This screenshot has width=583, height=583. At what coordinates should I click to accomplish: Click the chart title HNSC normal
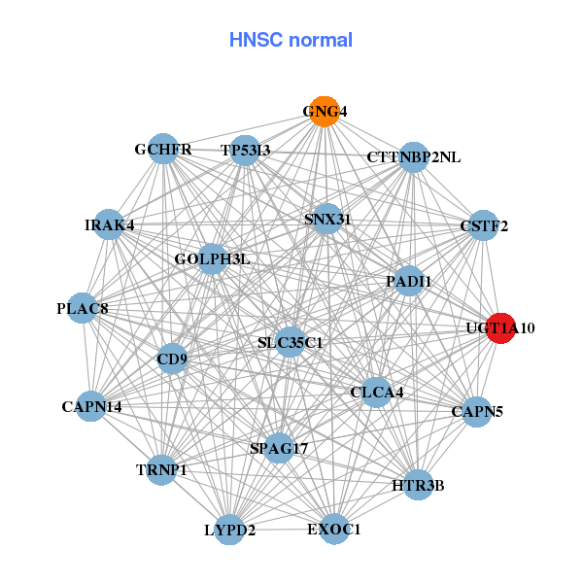[x=291, y=40]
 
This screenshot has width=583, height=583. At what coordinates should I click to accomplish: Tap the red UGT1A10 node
[x=500, y=328]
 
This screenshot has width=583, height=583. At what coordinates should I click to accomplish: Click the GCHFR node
[x=164, y=150]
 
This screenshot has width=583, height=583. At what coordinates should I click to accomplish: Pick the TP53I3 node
[x=246, y=150]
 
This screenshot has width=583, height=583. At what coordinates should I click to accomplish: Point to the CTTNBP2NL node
[x=414, y=157]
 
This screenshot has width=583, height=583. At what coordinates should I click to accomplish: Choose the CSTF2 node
[x=484, y=226]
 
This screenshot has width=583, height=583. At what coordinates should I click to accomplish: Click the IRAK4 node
[x=109, y=225]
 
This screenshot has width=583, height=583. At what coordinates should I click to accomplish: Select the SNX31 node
[x=327, y=220]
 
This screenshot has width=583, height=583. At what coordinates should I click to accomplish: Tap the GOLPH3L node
[x=213, y=259]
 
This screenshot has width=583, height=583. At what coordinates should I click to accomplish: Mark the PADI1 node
[x=409, y=282]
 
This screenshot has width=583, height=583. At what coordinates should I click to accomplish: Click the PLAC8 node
[x=83, y=309]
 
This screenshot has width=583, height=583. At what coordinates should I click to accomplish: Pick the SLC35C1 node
[x=290, y=342]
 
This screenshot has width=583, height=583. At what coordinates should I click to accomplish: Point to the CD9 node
[x=172, y=359]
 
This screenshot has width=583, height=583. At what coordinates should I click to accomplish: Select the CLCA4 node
[x=376, y=393]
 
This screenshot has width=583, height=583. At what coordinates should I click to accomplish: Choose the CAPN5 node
[x=476, y=412]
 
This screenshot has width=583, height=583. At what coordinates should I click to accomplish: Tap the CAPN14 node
[x=91, y=406]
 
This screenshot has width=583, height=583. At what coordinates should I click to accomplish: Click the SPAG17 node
[x=279, y=448]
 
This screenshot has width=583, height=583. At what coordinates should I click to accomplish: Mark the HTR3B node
[x=418, y=484]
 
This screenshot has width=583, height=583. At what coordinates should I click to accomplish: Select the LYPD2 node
[x=230, y=530]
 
